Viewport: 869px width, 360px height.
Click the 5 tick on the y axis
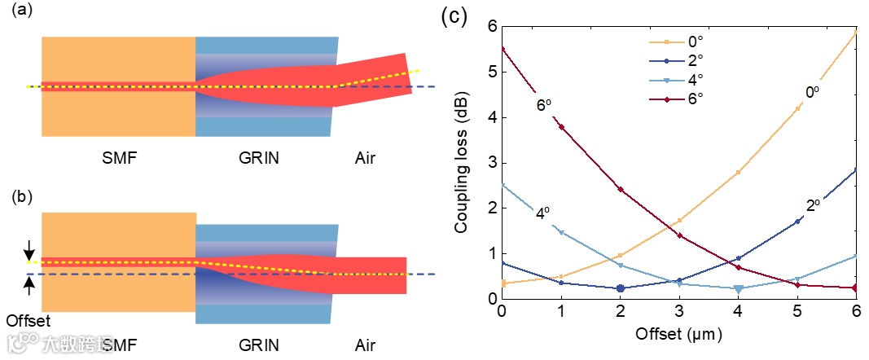coord(492,72)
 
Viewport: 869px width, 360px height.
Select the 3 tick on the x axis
coord(679,313)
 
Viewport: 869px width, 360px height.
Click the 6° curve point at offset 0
coord(502,49)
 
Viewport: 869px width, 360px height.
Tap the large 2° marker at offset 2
coord(621,288)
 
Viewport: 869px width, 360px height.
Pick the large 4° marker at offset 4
coord(739,288)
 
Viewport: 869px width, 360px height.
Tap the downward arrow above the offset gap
coord(30,248)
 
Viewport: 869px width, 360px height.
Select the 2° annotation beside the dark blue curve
coord(812,208)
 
